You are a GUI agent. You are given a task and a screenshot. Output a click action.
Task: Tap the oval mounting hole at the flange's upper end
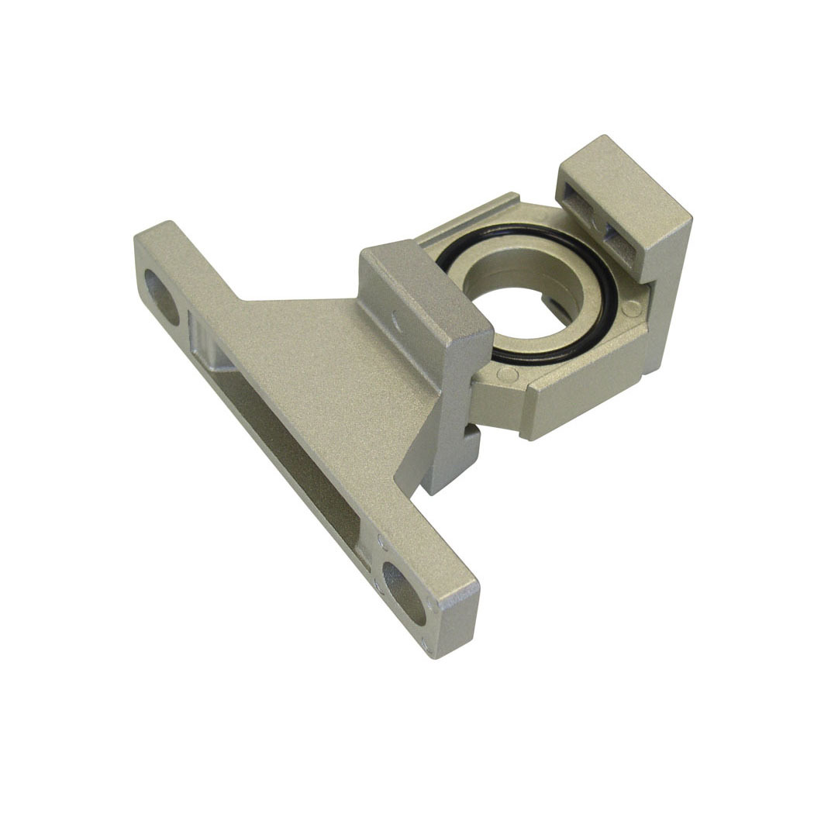(162, 295)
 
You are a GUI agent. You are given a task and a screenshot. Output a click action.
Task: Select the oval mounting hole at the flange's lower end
(404, 593)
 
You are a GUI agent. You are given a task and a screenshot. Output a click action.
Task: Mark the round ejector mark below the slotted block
(632, 309)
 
